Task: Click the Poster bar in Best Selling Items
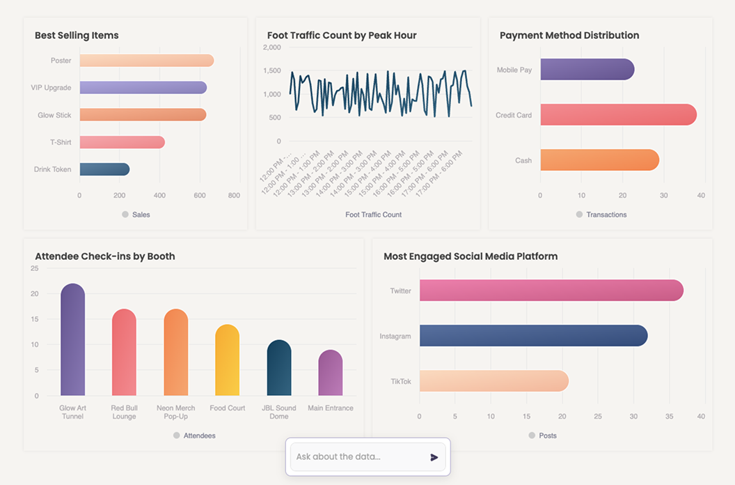146,61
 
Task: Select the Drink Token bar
104,169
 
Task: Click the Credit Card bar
618,115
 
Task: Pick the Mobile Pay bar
587,70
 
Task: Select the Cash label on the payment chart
523,160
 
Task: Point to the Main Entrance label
331,408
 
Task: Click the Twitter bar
551,291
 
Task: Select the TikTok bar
493,381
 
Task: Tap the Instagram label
395,337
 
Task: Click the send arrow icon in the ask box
434,457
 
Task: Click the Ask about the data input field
358,457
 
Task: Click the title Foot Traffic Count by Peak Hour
342,36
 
